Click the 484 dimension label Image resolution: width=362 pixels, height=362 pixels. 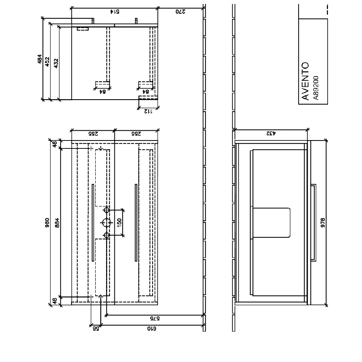(x=40, y=59)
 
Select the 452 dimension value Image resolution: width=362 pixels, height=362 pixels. (x=48, y=63)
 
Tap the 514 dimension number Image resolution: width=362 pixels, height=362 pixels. (x=115, y=12)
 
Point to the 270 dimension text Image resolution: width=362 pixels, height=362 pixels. (x=181, y=12)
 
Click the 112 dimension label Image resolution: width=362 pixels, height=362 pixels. (x=148, y=111)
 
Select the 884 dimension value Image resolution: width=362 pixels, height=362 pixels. (x=56, y=222)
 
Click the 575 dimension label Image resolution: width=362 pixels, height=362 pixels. (x=155, y=319)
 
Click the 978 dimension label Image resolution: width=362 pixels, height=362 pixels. (x=323, y=222)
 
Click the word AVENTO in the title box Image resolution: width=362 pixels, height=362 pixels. (x=306, y=81)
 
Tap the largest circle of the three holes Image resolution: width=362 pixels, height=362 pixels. (x=106, y=222)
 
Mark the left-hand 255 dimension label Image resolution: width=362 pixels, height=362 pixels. (x=93, y=133)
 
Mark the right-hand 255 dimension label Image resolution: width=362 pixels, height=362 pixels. (x=136, y=133)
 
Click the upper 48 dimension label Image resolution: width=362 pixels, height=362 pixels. (x=55, y=144)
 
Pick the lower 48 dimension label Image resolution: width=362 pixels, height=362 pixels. (x=55, y=300)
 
